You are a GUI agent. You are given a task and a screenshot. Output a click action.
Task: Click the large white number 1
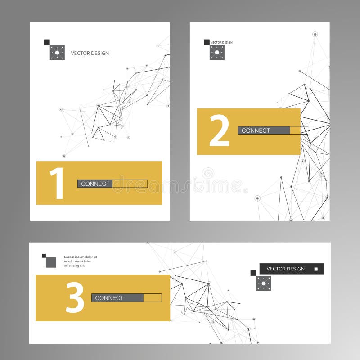(x=57, y=183)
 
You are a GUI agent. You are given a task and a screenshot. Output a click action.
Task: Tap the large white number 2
(x=219, y=130)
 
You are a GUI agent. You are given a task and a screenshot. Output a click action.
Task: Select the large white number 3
(x=75, y=297)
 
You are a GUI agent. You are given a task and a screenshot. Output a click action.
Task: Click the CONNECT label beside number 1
(x=95, y=184)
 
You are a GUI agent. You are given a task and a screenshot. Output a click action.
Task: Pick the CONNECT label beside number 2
(x=256, y=130)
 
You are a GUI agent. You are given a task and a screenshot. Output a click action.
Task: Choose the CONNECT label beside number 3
(x=109, y=297)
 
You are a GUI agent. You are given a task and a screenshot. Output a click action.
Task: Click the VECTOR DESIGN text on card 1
(x=90, y=53)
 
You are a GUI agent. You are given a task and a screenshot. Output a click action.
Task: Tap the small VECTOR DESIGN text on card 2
(x=222, y=42)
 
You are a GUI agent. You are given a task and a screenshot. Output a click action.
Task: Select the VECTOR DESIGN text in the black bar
(x=285, y=269)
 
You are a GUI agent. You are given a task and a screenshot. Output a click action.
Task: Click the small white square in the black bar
(x=316, y=269)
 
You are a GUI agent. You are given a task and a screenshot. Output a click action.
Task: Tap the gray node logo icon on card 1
(x=57, y=53)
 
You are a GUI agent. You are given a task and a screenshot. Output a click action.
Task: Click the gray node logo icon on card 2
(x=217, y=53)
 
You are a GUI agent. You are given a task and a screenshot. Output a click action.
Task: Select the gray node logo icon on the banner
(x=264, y=283)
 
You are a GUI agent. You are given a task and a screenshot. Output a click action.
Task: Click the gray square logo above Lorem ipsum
(x=51, y=262)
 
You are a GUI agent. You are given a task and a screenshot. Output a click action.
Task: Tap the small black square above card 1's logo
(x=47, y=42)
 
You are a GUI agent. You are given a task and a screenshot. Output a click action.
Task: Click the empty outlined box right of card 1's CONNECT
(x=130, y=184)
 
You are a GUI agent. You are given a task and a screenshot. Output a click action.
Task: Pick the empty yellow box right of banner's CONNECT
(x=153, y=297)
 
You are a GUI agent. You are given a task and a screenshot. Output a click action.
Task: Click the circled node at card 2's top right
(x=315, y=34)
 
